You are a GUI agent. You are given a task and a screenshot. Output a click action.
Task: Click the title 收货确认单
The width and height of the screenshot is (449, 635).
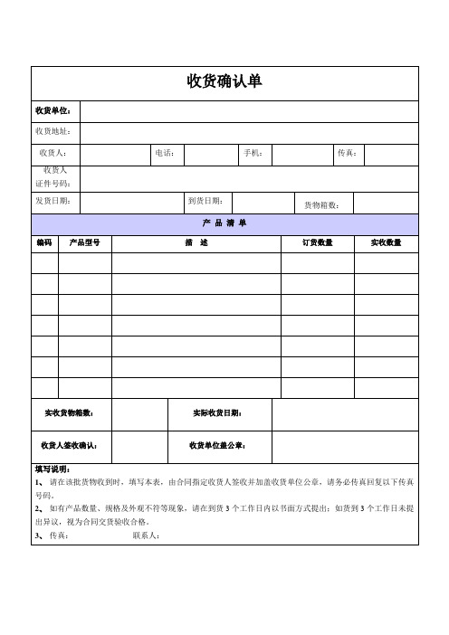pos(224,82)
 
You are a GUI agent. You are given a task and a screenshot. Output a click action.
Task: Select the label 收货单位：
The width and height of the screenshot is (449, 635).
pos(56,111)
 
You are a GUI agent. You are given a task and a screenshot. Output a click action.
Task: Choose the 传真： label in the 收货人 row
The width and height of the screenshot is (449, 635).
pos(348,153)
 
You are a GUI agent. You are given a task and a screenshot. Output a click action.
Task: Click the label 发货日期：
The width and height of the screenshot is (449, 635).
pos(53,200)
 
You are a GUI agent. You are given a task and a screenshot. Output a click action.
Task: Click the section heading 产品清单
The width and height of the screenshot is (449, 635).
pos(224,223)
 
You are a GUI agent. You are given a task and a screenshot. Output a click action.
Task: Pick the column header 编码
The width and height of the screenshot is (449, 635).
pos(45,242)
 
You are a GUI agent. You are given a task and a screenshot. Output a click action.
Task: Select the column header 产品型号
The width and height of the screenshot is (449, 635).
pos(85,242)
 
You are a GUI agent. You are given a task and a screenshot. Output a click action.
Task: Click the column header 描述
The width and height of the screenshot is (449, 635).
pos(196,242)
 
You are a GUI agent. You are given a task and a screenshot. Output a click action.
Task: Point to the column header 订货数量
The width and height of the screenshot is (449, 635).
pos(317,242)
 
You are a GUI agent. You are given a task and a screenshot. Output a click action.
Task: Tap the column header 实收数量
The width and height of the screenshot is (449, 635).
pos(387,242)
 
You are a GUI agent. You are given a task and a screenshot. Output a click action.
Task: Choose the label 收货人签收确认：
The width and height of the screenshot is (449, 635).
pos(71,445)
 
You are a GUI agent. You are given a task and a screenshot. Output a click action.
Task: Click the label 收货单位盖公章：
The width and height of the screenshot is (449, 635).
pos(218,445)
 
